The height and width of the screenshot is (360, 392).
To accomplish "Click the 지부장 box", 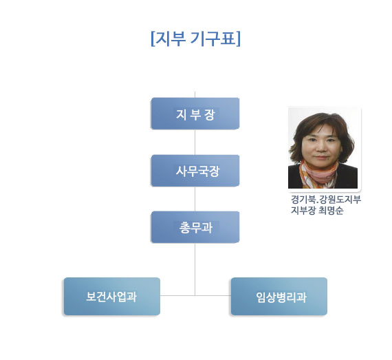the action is [195, 114].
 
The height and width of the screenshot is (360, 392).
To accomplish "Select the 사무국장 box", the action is [195, 171].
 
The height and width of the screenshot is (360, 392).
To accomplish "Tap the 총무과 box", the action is [195, 227].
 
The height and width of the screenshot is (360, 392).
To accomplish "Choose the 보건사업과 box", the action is [112, 296].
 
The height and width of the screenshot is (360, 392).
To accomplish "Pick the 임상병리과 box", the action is [279, 296].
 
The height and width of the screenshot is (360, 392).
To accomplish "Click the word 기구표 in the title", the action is [213, 39].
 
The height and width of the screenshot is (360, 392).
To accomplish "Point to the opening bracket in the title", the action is [153, 39].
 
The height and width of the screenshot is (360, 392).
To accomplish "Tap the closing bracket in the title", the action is [238, 39].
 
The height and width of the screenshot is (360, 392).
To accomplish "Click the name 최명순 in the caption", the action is [331, 211].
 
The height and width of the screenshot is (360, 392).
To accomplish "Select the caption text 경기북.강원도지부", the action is [326, 200].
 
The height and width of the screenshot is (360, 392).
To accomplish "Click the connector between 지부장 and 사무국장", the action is [195, 142].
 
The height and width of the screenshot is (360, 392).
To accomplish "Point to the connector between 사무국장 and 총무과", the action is [195, 199].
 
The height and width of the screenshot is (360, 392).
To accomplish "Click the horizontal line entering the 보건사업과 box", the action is [177, 295].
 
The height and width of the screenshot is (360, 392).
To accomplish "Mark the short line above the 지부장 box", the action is [195, 94].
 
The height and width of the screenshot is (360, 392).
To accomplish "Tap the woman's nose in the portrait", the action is [322, 149].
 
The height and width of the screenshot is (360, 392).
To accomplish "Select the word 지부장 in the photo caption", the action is [303, 211].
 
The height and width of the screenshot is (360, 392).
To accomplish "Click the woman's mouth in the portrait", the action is [322, 158].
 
